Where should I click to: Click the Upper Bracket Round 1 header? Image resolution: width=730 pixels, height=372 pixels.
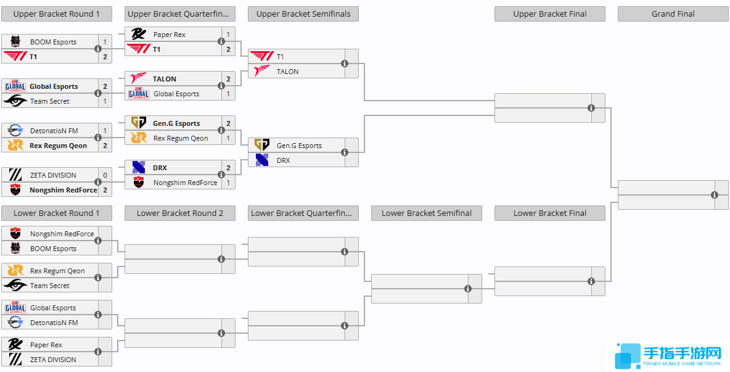57,14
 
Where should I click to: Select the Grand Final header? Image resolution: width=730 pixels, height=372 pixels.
673,14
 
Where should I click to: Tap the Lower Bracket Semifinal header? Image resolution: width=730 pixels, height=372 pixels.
427,213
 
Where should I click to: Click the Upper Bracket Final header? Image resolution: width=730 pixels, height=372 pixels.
550,14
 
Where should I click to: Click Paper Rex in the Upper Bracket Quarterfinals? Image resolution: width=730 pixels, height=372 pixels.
169,35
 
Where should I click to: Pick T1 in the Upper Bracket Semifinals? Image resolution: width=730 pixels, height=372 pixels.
280,57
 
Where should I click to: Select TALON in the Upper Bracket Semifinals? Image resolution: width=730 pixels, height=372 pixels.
287,72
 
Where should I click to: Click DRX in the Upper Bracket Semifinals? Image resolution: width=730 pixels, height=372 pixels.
283,160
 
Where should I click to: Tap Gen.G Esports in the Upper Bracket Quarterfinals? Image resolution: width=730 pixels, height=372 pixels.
176,123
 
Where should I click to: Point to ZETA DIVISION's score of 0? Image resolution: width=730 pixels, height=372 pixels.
105,175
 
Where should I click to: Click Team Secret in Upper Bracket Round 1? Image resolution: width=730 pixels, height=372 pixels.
50,101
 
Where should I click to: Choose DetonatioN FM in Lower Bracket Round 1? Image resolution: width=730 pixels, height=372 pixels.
54,323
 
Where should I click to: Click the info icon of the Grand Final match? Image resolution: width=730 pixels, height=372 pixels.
715,195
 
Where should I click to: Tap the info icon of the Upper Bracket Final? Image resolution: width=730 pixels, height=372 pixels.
591,108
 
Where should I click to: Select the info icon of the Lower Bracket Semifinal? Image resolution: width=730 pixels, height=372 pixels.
468,289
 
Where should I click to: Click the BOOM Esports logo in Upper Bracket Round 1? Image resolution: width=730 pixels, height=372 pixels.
15,42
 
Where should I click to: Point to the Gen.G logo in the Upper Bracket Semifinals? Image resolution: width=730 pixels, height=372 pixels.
262,146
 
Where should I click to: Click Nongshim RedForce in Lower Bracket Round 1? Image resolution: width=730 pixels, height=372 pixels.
62,234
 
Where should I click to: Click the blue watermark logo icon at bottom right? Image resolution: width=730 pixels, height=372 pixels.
628,355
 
